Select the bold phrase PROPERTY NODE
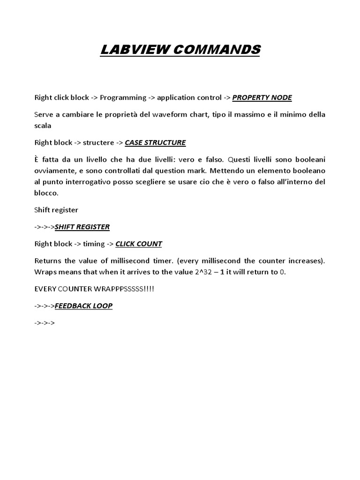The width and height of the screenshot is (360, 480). [262, 97]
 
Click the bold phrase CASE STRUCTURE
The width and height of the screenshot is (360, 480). [155, 142]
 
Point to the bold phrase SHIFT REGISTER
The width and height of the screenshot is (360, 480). [82, 227]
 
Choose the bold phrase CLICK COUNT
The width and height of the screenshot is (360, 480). [139, 244]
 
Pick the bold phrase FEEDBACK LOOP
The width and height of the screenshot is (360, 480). [83, 306]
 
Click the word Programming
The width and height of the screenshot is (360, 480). [123, 97]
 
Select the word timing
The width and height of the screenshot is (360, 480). [92, 244]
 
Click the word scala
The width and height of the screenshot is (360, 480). [43, 126]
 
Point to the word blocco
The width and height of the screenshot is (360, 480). [46, 193]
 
